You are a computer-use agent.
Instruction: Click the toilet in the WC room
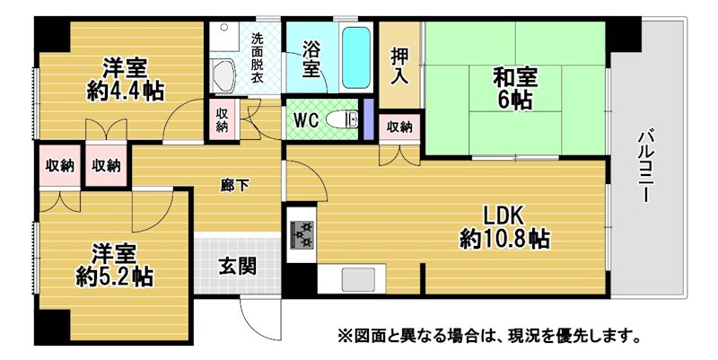coord(343,119)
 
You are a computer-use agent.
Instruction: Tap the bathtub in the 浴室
coord(356,57)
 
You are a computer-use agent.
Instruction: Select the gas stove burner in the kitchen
coord(302,234)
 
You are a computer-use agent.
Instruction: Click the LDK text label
coord(504,215)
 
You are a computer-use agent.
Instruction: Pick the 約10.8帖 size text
coord(504,239)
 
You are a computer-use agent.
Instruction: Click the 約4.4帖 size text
coord(125,92)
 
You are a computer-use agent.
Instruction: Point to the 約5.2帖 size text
coord(115,277)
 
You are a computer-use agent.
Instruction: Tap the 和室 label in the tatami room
coord(514,77)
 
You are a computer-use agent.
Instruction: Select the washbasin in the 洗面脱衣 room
coord(223,75)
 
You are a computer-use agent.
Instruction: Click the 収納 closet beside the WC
coord(222,119)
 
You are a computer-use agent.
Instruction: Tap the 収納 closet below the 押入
coord(399,127)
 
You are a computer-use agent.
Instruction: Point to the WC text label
coord(305,120)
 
